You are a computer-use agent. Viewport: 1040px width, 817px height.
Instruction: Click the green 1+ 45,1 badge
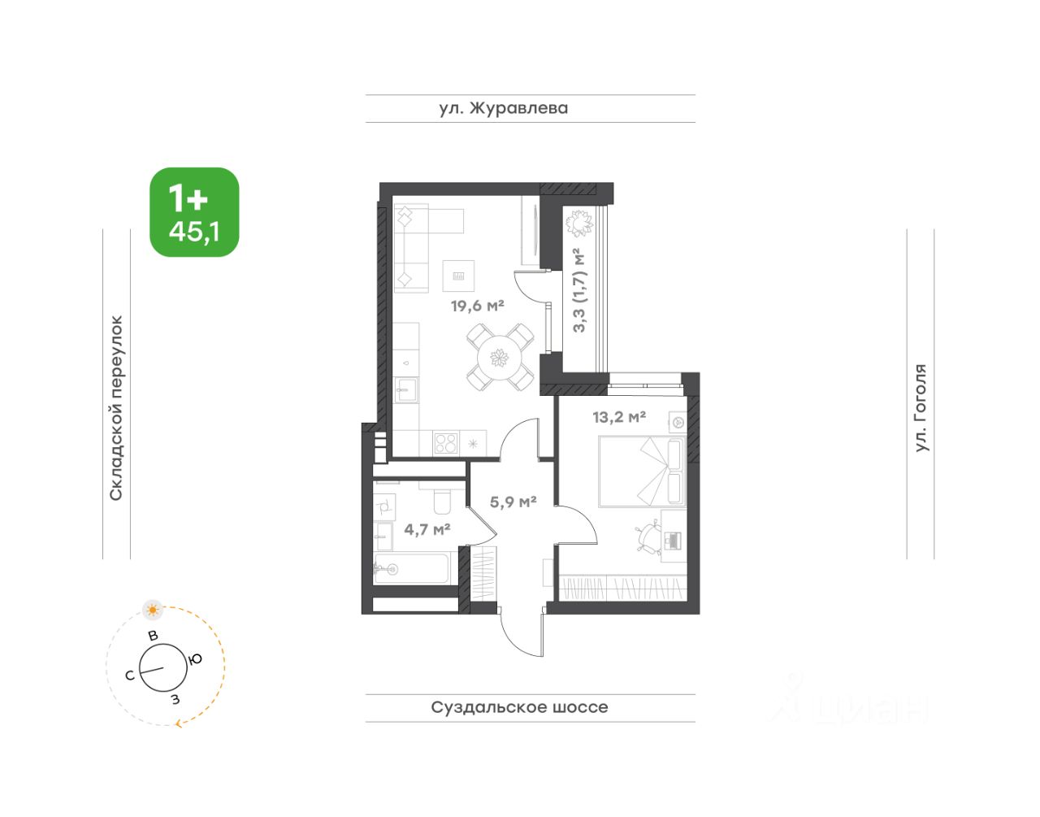194,212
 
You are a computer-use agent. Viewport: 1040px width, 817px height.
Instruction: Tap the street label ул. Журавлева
504,108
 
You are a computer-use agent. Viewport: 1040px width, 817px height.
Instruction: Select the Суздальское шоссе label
519,706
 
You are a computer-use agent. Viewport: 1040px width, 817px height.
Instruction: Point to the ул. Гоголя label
921,408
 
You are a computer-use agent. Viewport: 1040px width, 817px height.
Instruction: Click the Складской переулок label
116,408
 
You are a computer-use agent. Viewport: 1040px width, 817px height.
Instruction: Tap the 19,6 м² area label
478,306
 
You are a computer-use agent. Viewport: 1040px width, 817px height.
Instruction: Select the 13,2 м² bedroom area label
619,417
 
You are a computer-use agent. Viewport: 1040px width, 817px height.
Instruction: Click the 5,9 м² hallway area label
513,502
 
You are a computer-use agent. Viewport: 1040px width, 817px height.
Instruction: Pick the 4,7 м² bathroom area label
427,529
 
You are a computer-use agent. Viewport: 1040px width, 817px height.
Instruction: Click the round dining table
500,358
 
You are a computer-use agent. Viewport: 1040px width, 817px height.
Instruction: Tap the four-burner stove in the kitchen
445,443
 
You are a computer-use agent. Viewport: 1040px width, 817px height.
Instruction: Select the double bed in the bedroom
643,471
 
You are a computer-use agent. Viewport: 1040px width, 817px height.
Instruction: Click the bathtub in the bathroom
411,568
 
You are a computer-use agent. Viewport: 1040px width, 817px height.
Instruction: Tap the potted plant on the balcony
579,223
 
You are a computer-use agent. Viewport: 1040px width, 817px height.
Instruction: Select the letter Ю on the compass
195,660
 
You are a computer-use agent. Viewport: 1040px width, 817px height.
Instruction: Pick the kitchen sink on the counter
406,389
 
